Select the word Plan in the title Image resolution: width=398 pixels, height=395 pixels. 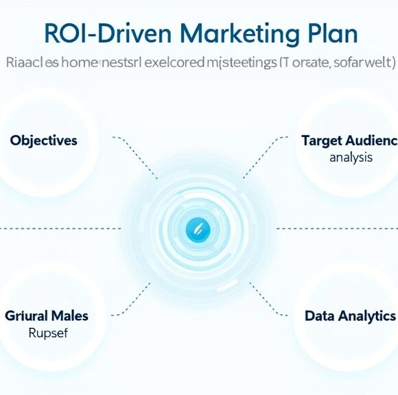coord(332,34)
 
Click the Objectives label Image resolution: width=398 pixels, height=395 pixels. coord(44,141)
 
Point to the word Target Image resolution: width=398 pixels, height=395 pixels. coord(323,141)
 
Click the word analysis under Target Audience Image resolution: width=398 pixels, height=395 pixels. coord(351,157)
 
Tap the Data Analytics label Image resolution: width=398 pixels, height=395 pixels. coord(350,316)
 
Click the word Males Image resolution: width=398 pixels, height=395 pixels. coord(69,316)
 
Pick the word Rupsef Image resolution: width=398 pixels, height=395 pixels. coord(45,334)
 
